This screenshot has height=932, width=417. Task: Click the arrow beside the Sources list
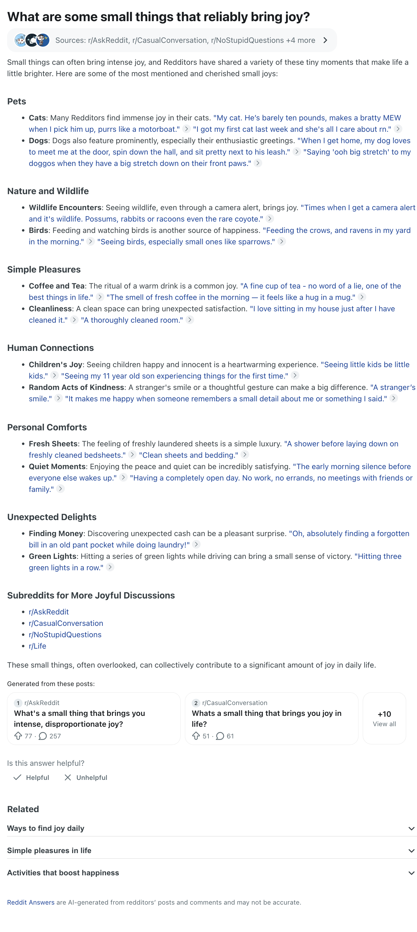click(325, 40)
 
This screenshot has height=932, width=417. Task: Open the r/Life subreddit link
click(38, 646)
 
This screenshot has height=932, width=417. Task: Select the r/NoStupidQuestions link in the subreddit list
click(65, 635)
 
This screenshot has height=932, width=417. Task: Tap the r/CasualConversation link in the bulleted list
click(66, 623)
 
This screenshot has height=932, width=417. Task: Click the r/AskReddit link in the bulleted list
click(49, 612)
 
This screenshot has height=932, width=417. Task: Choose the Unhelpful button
click(86, 777)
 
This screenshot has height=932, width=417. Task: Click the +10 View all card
click(384, 718)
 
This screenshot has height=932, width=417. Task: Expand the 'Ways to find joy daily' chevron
click(411, 828)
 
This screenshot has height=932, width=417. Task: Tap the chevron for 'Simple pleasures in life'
click(411, 851)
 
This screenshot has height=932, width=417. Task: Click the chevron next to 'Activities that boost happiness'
click(411, 873)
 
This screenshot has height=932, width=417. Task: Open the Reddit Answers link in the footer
click(31, 902)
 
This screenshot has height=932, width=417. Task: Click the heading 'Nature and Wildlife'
click(48, 191)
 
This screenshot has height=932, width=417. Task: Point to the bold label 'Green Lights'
click(52, 556)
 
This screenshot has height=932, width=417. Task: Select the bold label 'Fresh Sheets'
click(53, 444)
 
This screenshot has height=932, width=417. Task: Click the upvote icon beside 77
click(18, 736)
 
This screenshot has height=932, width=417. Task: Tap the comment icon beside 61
click(220, 736)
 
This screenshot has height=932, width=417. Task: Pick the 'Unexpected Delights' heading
click(52, 517)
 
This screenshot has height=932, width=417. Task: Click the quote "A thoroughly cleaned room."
click(132, 320)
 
